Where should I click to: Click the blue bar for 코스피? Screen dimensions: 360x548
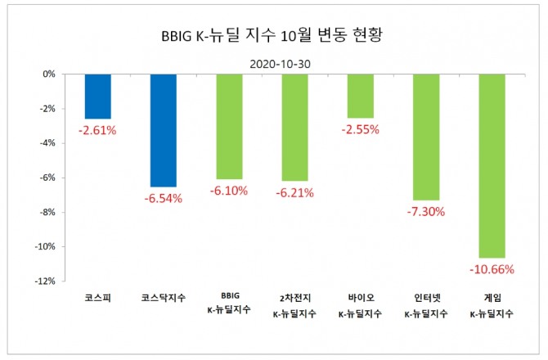[97, 96]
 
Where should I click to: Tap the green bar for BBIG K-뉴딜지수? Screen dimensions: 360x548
[229, 126]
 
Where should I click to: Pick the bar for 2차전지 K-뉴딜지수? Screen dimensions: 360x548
[294, 127]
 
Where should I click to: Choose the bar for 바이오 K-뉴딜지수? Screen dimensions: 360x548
[360, 95]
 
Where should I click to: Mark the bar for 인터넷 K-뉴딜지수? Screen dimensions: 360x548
[426, 137]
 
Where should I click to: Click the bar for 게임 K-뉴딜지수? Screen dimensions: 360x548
[492, 165]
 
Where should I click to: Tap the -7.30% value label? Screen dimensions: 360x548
[426, 211]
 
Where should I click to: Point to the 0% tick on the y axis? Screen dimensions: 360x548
[49, 74]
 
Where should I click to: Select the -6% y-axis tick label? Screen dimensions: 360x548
[47, 178]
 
